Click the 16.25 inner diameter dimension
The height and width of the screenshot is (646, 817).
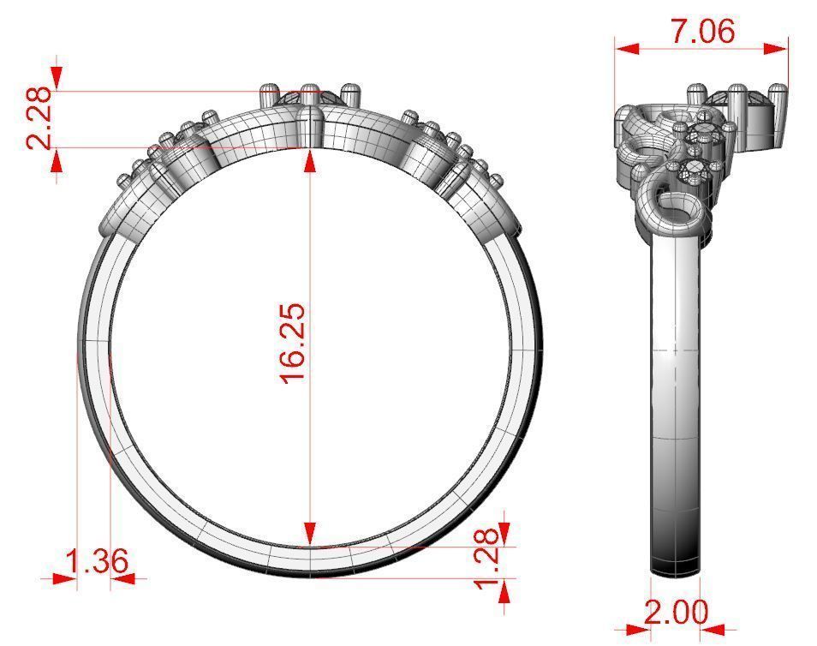293,343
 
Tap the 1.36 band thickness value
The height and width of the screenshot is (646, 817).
98,563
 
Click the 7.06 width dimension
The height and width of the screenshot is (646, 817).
702,32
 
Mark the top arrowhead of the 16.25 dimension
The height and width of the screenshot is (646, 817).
310,158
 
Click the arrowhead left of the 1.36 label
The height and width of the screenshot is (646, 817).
65,579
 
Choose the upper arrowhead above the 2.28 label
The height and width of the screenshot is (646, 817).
57,77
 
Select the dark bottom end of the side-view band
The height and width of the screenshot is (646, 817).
676,565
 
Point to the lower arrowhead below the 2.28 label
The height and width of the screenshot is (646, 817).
57,159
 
